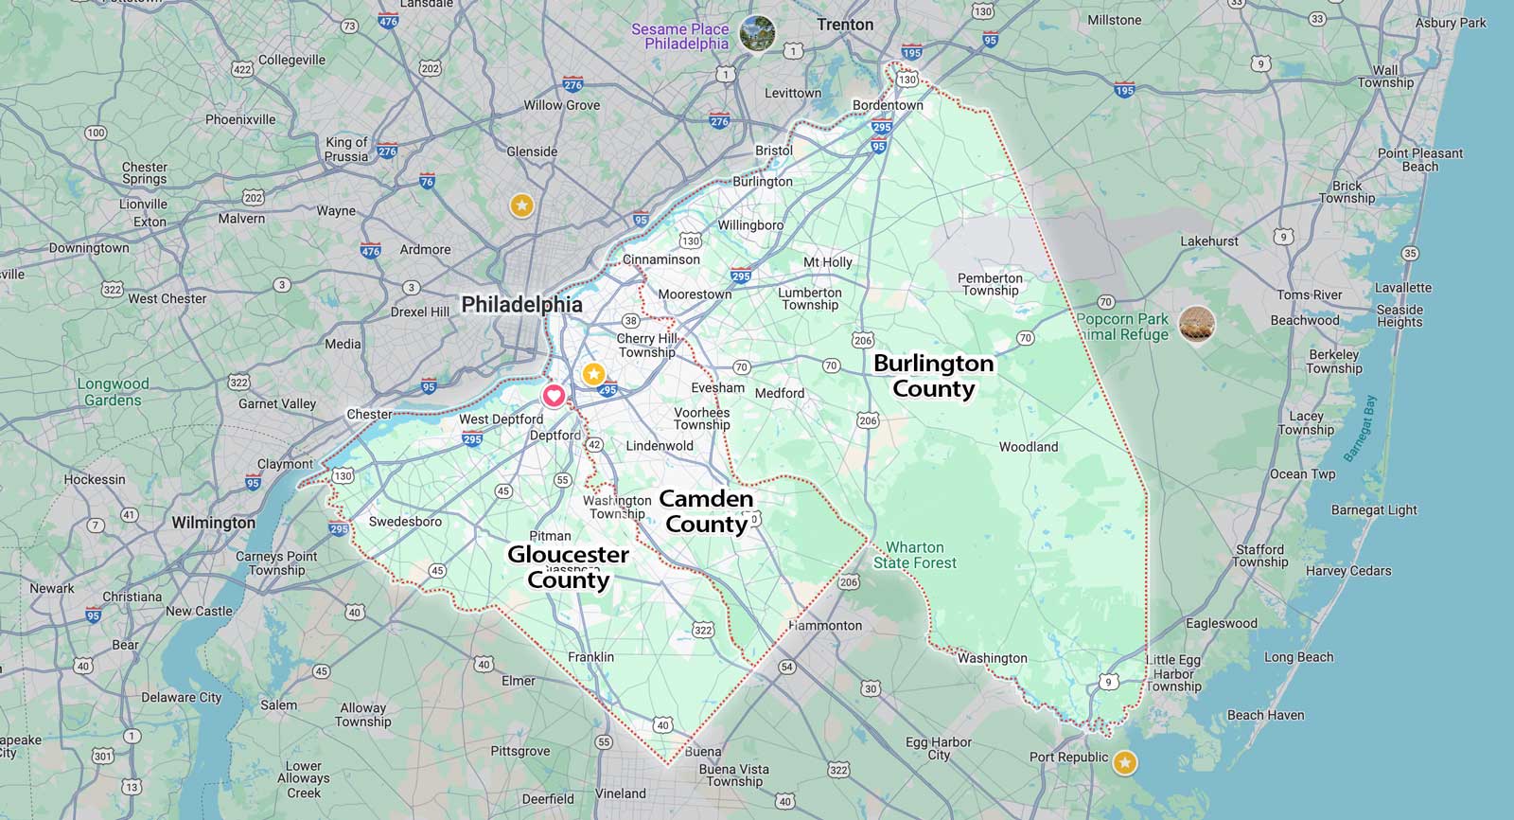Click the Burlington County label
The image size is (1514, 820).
tap(933, 376)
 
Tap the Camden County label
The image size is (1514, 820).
tap(706, 511)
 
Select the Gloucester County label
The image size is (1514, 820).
tap(568, 567)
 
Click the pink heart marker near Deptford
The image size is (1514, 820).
tap(554, 396)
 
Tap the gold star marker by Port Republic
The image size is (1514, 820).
tap(1124, 762)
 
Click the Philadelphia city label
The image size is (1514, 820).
tap(521, 305)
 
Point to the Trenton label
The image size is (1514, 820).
tap(845, 25)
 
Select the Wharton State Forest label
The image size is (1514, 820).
tap(914, 555)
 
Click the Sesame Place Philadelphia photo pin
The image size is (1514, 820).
tap(757, 34)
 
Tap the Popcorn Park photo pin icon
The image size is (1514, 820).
tap(1197, 325)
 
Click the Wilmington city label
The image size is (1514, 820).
tap(213, 523)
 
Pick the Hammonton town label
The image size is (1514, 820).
tap(825, 626)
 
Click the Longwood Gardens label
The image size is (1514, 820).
tap(113, 392)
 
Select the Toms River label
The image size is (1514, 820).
tap(1309, 295)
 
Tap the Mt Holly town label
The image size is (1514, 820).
tap(827, 262)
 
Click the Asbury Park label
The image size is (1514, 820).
tap(1451, 23)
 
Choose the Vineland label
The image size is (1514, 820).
tap(621, 793)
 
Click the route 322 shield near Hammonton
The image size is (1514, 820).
tap(703, 630)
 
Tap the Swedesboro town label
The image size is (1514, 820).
tap(405, 522)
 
